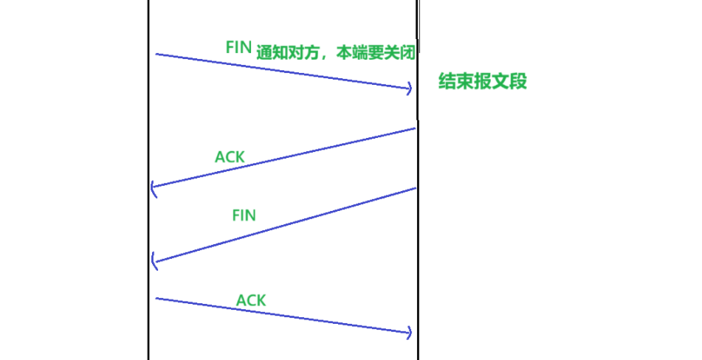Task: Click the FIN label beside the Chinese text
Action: tap(239, 46)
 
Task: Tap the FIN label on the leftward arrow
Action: tap(244, 215)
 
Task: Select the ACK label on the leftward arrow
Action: tap(230, 156)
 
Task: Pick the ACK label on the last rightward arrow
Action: tap(251, 300)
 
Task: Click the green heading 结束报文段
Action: tap(483, 81)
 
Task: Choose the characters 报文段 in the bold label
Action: tap(498, 81)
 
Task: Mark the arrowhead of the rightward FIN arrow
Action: tap(410, 89)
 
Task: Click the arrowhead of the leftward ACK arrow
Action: tap(153, 188)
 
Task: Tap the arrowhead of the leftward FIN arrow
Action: tap(153, 260)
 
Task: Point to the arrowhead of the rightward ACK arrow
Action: tap(410, 333)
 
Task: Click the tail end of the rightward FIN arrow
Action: tap(157, 54)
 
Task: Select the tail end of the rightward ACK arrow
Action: tap(157, 298)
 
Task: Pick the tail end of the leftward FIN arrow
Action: tap(415, 188)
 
